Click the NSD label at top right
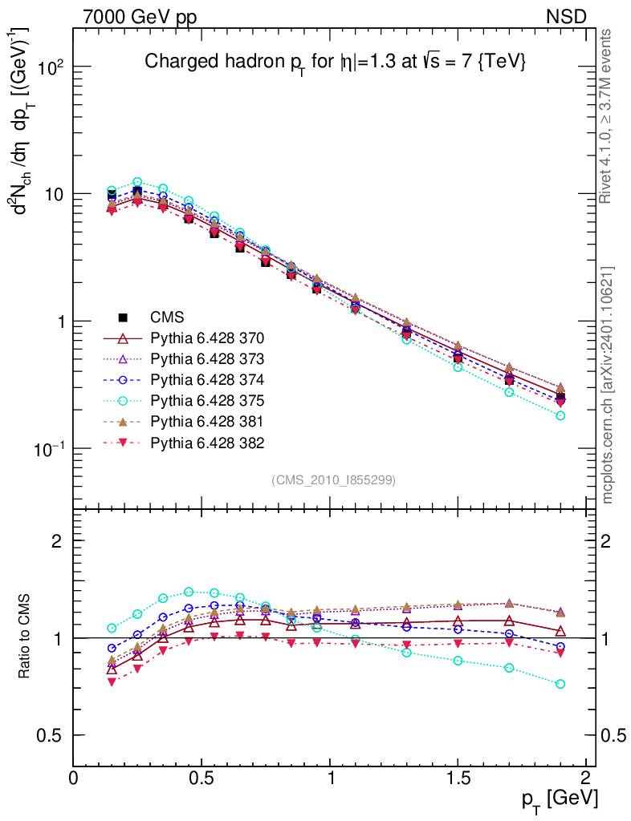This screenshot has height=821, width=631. [567, 15]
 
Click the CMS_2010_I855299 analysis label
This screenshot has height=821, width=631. [333, 479]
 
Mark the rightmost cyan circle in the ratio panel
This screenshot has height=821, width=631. [560, 684]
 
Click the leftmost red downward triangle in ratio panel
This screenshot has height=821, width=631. [112, 681]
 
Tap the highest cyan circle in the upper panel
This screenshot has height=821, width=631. [137, 182]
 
